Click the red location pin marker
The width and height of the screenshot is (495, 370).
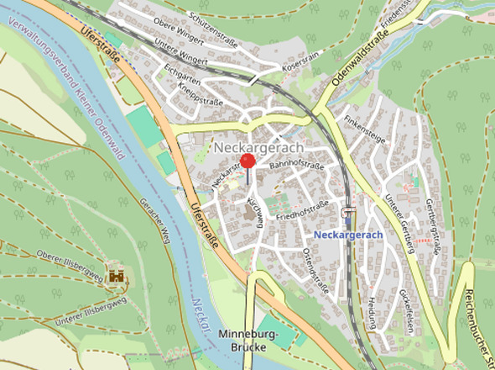click(247, 161)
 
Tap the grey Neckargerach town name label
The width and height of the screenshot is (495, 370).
click(258, 146)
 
